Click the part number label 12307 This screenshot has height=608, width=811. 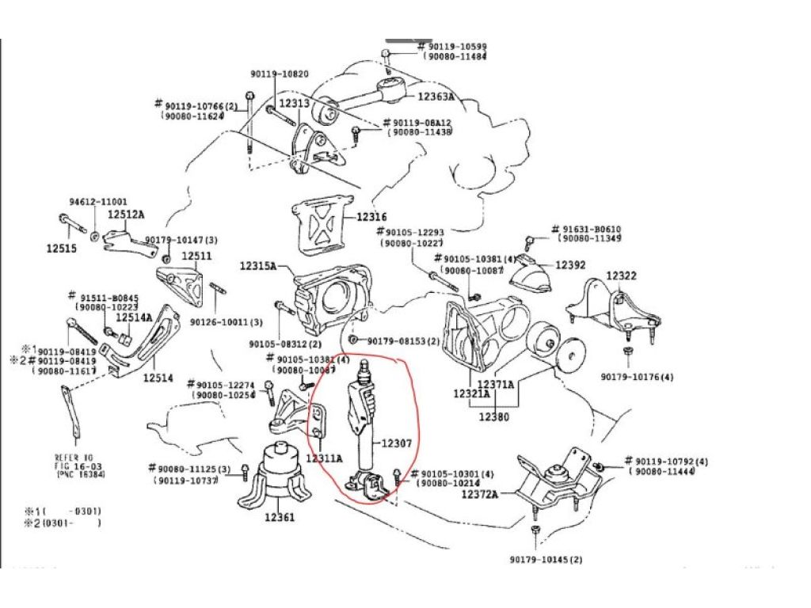tap(397, 444)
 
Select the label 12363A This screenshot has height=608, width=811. tap(436, 97)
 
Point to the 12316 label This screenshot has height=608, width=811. tap(371, 216)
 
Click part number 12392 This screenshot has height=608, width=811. tap(569, 265)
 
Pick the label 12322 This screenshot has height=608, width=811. tap(621, 275)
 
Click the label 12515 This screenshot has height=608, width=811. tap(62, 248)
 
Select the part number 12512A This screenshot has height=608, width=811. tap(126, 214)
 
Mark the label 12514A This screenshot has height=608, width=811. tap(134, 317)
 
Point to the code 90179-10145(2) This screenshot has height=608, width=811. tap(546, 560)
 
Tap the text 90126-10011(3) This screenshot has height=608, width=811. tap(226, 322)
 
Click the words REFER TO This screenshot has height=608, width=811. tap(74, 458)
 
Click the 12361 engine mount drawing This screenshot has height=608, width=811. tap(277, 479)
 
